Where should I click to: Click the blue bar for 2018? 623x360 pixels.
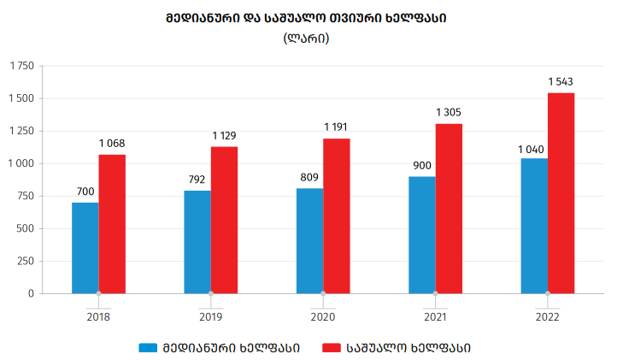click(85, 248)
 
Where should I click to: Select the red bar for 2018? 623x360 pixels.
click(112, 224)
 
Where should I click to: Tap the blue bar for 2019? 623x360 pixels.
click(197, 242)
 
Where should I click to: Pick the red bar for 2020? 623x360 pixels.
click(337, 216)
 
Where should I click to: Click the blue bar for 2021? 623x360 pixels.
click(422, 235)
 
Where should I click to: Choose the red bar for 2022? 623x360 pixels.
click(561, 193)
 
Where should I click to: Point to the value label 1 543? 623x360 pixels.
click(561, 82)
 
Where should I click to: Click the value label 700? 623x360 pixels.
click(85, 192)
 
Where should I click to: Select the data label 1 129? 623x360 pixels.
click(225, 136)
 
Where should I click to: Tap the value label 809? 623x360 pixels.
click(309, 178)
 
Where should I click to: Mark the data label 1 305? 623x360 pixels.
click(449, 113)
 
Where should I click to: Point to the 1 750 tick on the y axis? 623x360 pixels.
click(21, 66)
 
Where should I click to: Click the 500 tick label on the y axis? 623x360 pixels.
click(25, 228)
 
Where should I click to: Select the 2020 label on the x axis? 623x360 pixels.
click(323, 316)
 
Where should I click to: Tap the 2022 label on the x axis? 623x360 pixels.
click(548, 316)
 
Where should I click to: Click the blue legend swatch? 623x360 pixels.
click(150, 348)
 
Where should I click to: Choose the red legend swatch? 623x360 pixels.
click(330, 348)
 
